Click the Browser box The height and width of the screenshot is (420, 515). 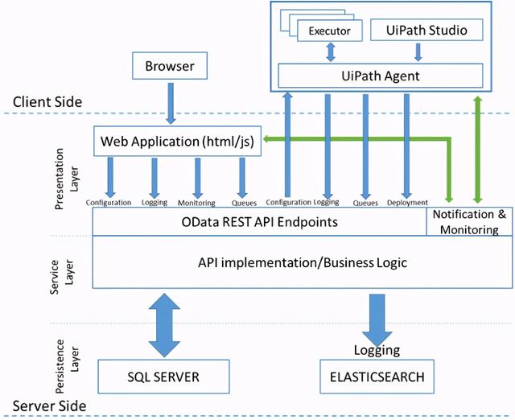click(171, 66)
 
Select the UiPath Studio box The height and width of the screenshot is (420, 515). click(418, 31)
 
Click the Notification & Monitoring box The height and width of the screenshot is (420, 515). click(469, 221)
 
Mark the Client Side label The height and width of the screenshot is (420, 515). click(48, 102)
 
